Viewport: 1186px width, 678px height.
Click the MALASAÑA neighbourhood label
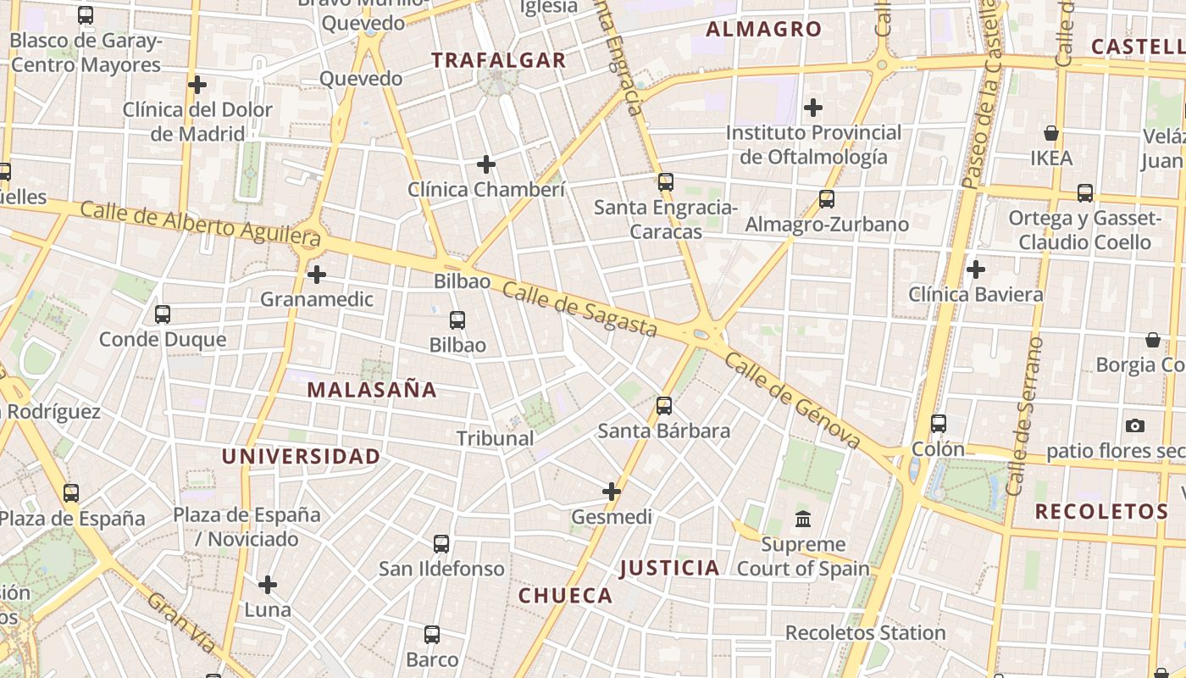click(372, 390)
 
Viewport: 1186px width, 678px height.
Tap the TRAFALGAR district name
click(498, 60)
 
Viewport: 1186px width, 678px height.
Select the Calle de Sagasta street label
click(579, 309)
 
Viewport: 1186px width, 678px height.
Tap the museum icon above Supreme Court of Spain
click(803, 519)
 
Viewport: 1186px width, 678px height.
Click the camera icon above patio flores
click(1135, 425)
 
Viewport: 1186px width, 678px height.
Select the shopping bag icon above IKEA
click(1051, 133)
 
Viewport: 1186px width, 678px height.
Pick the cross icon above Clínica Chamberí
click(486, 164)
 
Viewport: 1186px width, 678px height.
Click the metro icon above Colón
click(939, 424)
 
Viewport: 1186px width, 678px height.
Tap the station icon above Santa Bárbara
click(664, 406)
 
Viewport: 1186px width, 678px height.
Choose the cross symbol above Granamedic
click(317, 275)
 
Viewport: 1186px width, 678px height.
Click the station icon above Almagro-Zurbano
click(827, 199)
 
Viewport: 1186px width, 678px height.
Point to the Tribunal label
click(496, 438)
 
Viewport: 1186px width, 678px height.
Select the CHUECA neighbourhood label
click(565, 596)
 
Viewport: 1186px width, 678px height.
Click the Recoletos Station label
click(865, 633)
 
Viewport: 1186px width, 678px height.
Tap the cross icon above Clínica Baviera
click(976, 270)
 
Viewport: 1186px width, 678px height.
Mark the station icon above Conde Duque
click(163, 314)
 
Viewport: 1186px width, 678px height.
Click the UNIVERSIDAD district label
click(301, 457)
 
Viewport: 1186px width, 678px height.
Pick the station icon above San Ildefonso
click(441, 544)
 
